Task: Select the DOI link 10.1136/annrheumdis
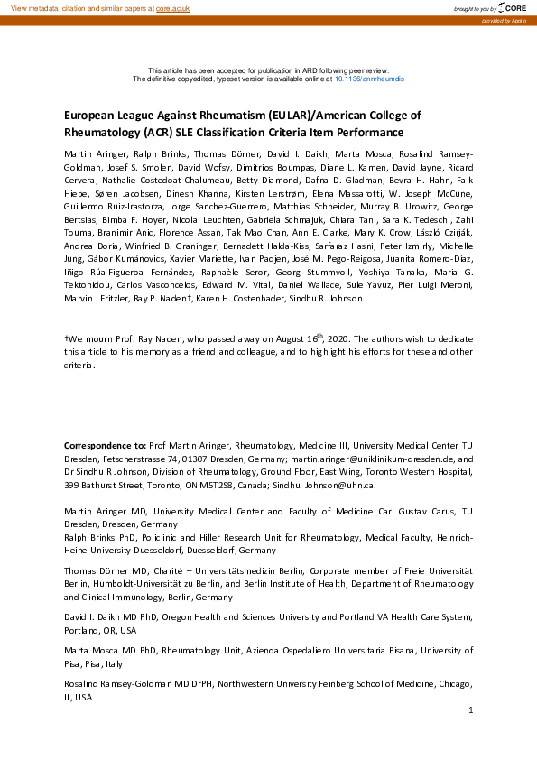[370, 79]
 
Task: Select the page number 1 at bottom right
[471, 711]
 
